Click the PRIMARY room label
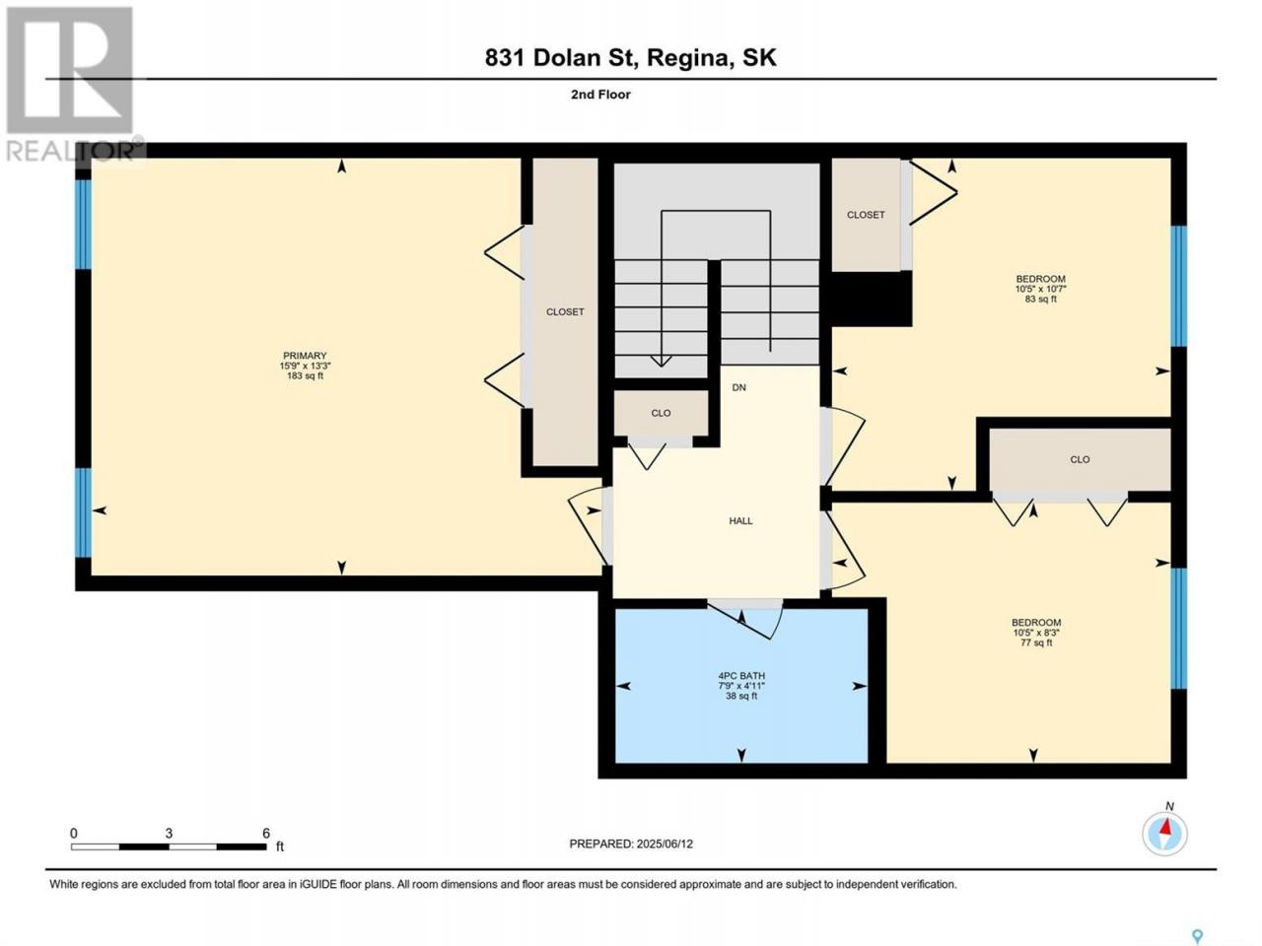[x=305, y=356]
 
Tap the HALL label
[x=740, y=521]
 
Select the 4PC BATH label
[x=741, y=676]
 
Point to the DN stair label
[x=738, y=387]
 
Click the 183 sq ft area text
[x=305, y=376]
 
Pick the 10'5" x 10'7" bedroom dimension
[x=1040, y=289]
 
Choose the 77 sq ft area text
[x=1036, y=642]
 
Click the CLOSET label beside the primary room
[x=565, y=312]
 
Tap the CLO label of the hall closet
[x=661, y=413]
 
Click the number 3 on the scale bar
[x=169, y=834]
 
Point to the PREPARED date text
[x=631, y=844]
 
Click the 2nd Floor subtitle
[x=600, y=95]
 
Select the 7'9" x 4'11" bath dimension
[x=741, y=686]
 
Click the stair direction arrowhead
[x=662, y=361]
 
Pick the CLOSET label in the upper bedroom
[x=866, y=215]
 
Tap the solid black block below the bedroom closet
[x=869, y=299]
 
